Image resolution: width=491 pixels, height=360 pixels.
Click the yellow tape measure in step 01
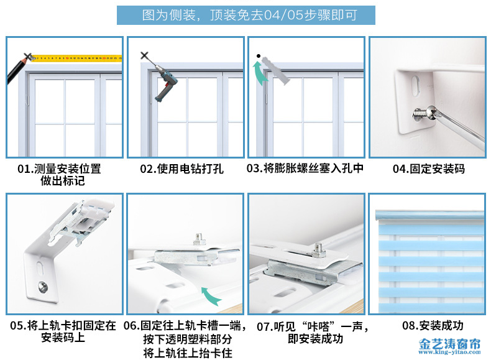pos(76,58)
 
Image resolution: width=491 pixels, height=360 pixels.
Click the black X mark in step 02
pos(144,56)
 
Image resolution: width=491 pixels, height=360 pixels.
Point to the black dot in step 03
pos(259,56)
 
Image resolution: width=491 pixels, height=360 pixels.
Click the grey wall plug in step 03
pos(276,70)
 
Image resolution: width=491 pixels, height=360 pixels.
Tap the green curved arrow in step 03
pos(259,73)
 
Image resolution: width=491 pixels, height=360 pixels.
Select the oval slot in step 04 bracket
pos(416,86)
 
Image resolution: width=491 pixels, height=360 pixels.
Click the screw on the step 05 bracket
pos(43,287)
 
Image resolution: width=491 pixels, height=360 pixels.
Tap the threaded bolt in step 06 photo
pos(199,239)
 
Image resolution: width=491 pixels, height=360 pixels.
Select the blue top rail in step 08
pos(429,215)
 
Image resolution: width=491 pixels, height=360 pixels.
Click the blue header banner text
pos(250,15)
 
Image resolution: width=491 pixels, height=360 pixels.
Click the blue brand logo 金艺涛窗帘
pos(449,344)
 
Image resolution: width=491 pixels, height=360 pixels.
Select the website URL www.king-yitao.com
pos(449,352)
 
